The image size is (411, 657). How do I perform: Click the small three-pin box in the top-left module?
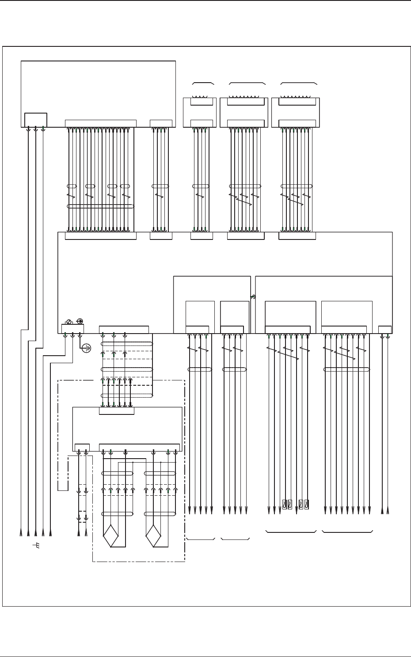[x=35, y=120]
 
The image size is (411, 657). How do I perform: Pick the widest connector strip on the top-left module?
[x=100, y=123]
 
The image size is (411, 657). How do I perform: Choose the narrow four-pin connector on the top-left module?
[x=161, y=123]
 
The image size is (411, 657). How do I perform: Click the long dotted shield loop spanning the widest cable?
[x=100, y=206]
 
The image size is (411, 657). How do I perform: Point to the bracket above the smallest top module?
[x=203, y=83]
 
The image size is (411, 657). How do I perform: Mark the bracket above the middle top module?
[x=247, y=83]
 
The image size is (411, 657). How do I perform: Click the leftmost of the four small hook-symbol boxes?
[x=285, y=504]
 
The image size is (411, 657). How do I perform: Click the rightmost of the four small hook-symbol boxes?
[x=307, y=504]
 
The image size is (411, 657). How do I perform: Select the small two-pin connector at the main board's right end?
[x=385, y=329]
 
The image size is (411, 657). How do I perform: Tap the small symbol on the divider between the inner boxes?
[x=253, y=297]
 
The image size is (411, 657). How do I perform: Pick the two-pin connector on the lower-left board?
[x=82, y=447]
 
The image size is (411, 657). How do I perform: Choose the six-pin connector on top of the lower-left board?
[x=116, y=411]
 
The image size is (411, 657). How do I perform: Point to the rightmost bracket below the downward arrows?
[x=347, y=531]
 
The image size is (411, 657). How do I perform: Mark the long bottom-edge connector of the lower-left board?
[x=139, y=447]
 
